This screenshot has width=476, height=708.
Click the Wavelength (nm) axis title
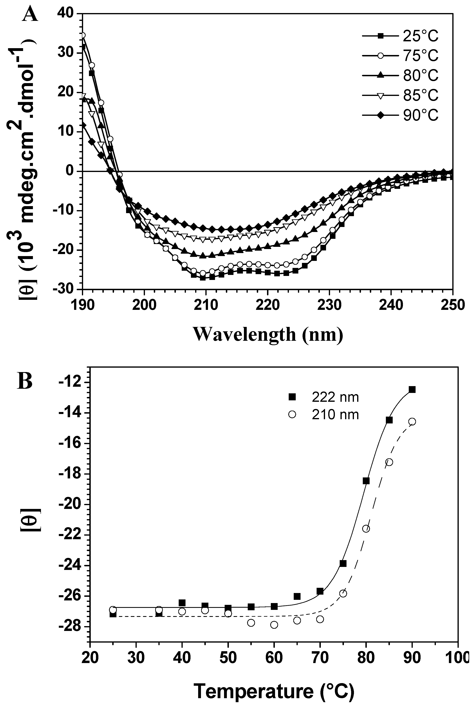268,334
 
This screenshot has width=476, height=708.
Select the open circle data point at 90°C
412,421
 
